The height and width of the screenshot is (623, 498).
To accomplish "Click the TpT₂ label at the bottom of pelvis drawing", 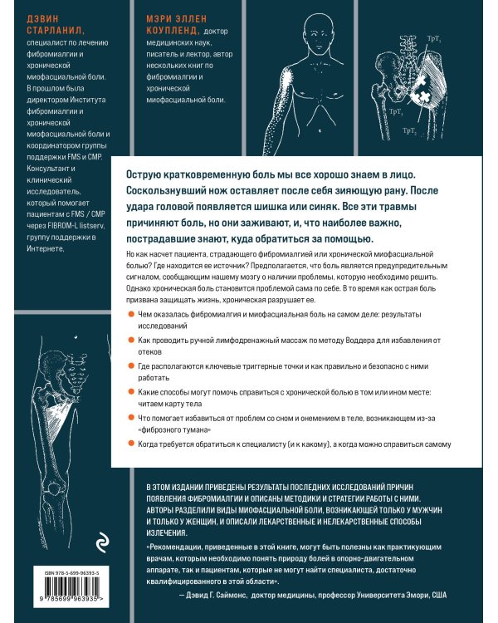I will [x=409, y=130].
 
